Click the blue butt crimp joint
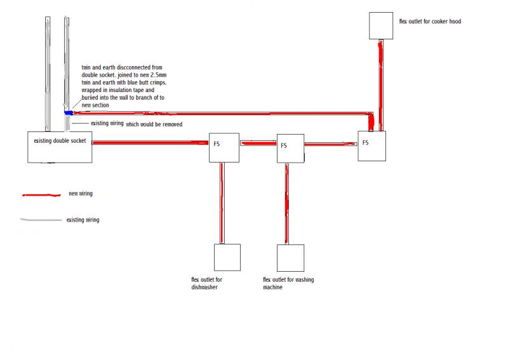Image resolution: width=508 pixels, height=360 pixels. coord(69,113)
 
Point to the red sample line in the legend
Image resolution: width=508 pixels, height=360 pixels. coord(41,195)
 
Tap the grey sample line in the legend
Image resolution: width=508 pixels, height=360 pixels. coord(41,220)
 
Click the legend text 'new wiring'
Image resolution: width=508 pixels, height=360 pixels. coord(81,194)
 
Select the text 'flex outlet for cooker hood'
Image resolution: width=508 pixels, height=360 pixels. coord(430,22)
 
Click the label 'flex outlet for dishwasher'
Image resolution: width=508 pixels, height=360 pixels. coord(207,283)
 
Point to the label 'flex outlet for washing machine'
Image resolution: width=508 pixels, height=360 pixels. coord(288,283)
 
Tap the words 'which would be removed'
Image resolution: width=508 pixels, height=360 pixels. coord(154,124)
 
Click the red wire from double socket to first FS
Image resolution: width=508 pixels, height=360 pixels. coord(150,143)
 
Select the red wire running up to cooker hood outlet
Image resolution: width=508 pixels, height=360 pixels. coord(380,85)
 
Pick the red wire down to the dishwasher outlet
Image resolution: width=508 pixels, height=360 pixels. coord(222,203)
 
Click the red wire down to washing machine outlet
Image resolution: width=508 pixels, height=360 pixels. coord(287,204)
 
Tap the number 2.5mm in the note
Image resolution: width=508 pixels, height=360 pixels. coord(158,75)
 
